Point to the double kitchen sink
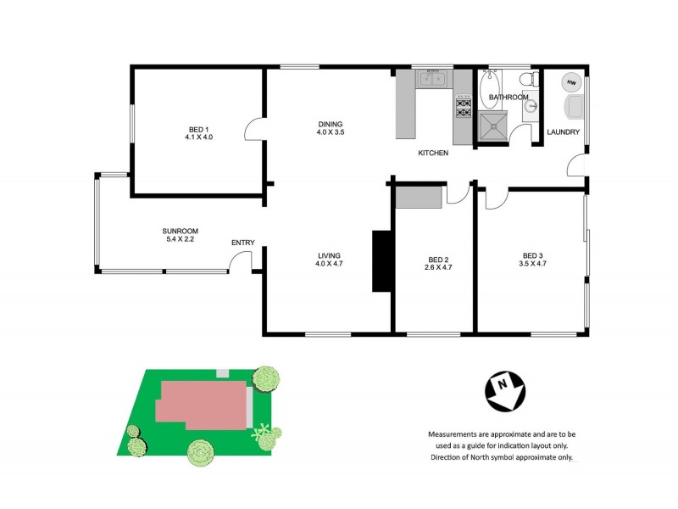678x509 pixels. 433,81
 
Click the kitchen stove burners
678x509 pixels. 464,107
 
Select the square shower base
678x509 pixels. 492,128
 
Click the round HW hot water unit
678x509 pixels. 571,83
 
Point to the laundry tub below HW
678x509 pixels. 574,107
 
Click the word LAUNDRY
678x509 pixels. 563,132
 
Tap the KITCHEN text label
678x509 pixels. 433,154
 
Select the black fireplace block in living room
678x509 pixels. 381,261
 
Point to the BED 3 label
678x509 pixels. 531,256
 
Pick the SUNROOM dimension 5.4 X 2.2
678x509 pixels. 180,240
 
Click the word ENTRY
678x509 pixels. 242,243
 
